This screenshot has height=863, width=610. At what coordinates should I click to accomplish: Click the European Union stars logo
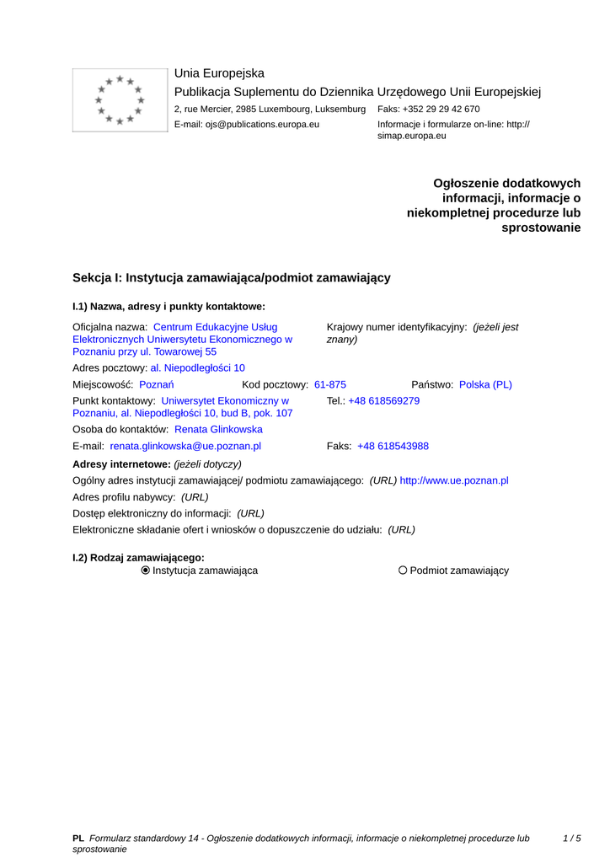point(120,99)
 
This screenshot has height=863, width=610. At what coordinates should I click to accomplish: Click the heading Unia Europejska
point(219,73)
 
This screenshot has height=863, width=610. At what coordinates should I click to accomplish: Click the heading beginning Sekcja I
point(232,277)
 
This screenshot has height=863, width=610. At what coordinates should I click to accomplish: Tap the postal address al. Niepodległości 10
point(198,368)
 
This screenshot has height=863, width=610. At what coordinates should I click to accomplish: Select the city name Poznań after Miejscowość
point(156,384)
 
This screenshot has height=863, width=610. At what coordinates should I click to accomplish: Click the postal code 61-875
point(330,384)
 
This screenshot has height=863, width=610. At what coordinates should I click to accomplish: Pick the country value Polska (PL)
point(485,384)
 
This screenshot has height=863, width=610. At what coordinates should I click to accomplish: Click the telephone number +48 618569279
point(384,401)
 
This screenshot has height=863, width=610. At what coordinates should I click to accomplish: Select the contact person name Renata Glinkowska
point(218,430)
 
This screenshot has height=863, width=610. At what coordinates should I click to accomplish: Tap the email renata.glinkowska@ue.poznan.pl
point(185,447)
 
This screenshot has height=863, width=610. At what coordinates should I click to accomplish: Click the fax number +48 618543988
point(393,447)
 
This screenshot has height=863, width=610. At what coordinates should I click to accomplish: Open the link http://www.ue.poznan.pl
point(454,480)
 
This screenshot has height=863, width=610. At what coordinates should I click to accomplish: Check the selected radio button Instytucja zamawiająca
point(146,571)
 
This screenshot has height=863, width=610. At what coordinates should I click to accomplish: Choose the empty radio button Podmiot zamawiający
point(403,571)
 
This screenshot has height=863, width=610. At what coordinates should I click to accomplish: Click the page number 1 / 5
point(571,839)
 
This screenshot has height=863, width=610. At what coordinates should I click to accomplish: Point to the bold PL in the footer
point(78,839)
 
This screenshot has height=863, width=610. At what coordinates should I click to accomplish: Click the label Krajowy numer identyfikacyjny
point(396,327)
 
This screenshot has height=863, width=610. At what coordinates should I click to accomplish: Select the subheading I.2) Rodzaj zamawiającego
point(139,557)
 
